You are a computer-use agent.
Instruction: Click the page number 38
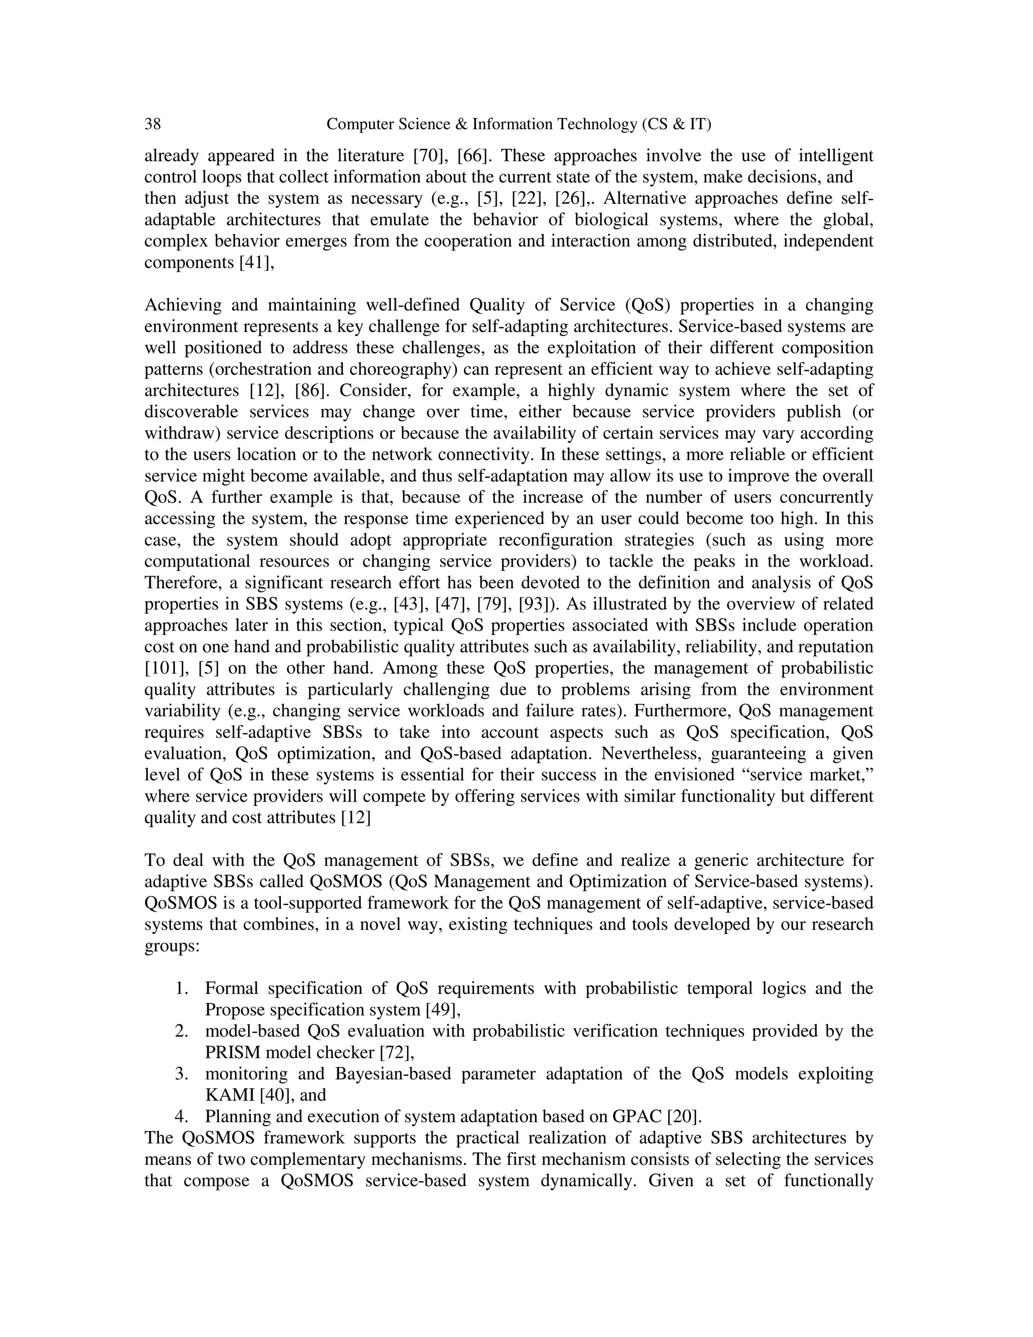point(152,124)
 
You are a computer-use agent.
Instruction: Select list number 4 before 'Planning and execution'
point(181,1117)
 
